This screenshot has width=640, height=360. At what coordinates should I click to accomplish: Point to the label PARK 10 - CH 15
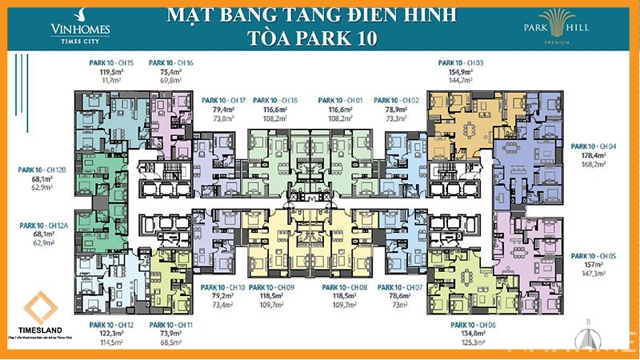click(110, 62)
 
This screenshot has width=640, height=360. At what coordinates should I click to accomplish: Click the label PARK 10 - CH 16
click(170, 62)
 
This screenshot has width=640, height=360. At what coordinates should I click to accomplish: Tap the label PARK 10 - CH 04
click(594, 146)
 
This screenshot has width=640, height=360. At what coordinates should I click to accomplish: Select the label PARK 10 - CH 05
click(594, 256)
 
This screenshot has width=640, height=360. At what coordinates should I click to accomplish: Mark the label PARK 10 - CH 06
click(460, 325)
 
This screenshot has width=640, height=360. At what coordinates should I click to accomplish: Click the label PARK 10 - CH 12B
click(44, 170)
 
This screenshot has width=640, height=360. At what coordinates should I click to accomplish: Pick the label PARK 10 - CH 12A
click(44, 226)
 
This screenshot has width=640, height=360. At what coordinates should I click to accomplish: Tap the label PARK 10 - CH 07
click(400, 286)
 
